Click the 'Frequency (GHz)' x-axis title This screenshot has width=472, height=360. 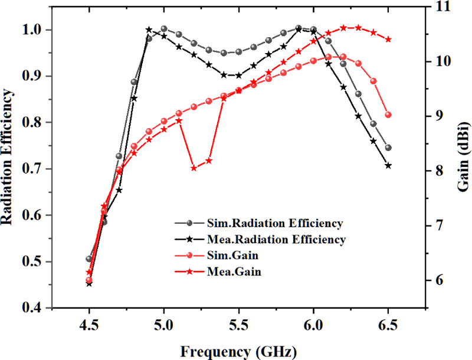[238, 351]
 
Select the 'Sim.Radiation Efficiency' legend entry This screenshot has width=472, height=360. [275, 223]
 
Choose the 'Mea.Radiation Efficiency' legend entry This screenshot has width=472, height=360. [276, 240]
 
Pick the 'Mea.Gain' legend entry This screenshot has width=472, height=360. [234, 272]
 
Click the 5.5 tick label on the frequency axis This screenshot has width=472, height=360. [238, 324]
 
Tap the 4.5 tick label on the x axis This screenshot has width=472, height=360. [89, 324]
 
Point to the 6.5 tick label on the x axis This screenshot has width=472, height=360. [388, 324]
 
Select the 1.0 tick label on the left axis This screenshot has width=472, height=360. [34, 30]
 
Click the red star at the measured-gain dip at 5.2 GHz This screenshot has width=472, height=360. [194, 168]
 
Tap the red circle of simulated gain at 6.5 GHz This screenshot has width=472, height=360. [388, 115]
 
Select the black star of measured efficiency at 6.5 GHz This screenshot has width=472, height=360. [388, 166]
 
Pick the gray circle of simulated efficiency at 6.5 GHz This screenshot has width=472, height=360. [388, 148]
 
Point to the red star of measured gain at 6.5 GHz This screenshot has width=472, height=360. [388, 40]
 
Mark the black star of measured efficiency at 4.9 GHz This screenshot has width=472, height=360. [149, 30]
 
